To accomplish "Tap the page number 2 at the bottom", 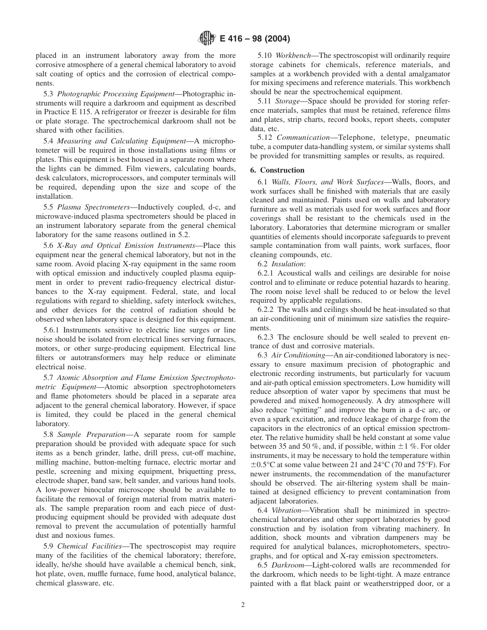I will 243,604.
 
